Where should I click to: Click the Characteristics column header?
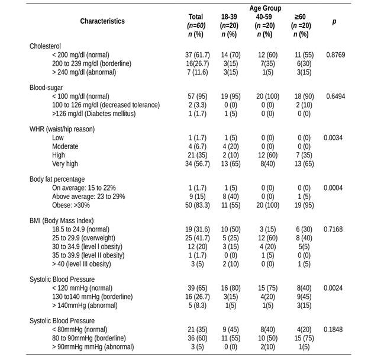click(x=102, y=21)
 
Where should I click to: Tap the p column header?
click(x=334, y=21)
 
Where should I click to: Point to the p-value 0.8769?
click(x=334, y=54)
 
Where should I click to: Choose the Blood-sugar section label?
click(x=47, y=87)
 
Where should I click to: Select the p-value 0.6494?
click(x=334, y=96)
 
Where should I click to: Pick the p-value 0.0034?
click(x=334, y=138)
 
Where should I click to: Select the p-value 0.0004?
click(x=334, y=188)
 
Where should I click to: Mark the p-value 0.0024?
click(x=334, y=288)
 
